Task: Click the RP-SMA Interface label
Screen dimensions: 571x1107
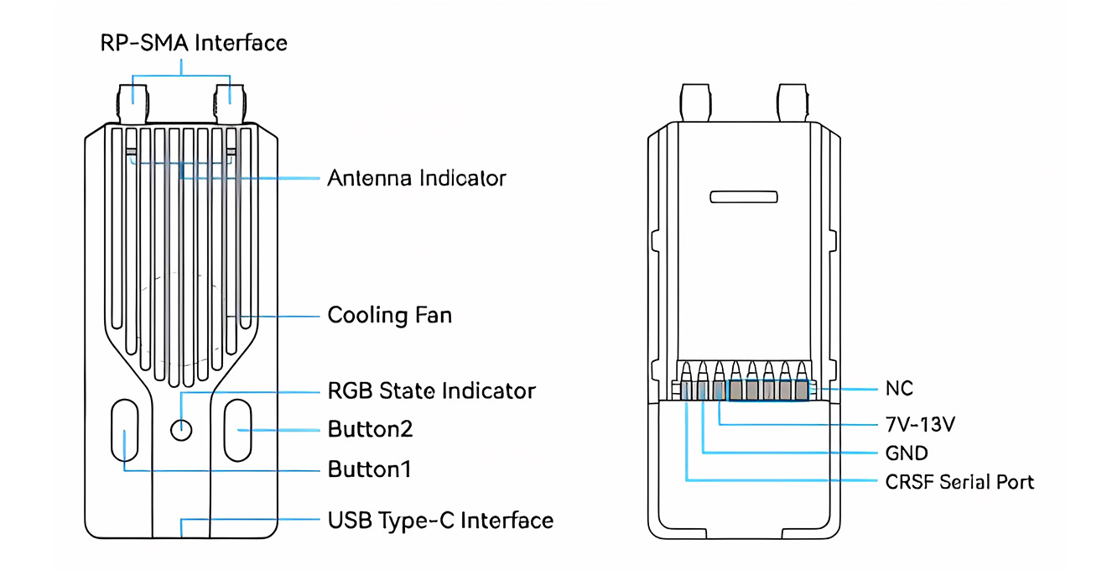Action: pyautogui.click(x=194, y=43)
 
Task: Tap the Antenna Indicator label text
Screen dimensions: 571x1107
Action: pyautogui.click(x=417, y=178)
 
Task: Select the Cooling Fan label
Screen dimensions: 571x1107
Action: pyautogui.click(x=389, y=316)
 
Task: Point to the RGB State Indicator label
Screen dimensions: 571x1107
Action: pyautogui.click(x=431, y=390)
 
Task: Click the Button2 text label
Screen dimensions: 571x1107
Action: pyautogui.click(x=370, y=429)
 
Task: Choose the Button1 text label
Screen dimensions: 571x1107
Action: pyautogui.click(x=369, y=469)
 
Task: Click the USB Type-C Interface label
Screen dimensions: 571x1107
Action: pyautogui.click(x=440, y=520)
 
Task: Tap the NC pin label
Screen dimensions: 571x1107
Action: pyautogui.click(x=899, y=389)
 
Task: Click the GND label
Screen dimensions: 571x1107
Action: pyautogui.click(x=907, y=453)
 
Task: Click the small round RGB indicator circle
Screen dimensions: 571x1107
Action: pyautogui.click(x=181, y=430)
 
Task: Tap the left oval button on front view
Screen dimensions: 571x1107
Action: pyautogui.click(x=125, y=430)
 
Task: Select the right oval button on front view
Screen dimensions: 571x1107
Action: pyautogui.click(x=237, y=430)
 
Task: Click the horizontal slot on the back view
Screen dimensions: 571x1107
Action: pyautogui.click(x=744, y=197)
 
